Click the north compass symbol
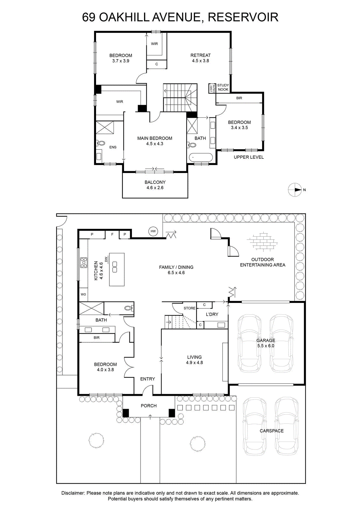tap(294, 190)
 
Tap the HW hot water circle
tap(153, 231)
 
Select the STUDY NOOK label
tap(223, 87)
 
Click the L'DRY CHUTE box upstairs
tap(212, 88)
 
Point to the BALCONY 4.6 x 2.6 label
tap(155, 185)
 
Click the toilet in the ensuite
tap(100, 143)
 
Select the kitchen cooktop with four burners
tap(84, 262)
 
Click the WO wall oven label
tap(83, 294)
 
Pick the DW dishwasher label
tap(106, 259)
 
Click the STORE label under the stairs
tap(190, 308)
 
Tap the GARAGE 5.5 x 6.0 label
tap(266, 343)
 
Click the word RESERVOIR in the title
tap(243, 17)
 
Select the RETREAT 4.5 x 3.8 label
tap(201, 58)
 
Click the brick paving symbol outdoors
tap(262, 242)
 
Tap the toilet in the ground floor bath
tap(129, 308)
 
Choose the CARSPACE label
tap(272, 431)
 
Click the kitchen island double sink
tap(115, 267)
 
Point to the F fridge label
tap(112, 234)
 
